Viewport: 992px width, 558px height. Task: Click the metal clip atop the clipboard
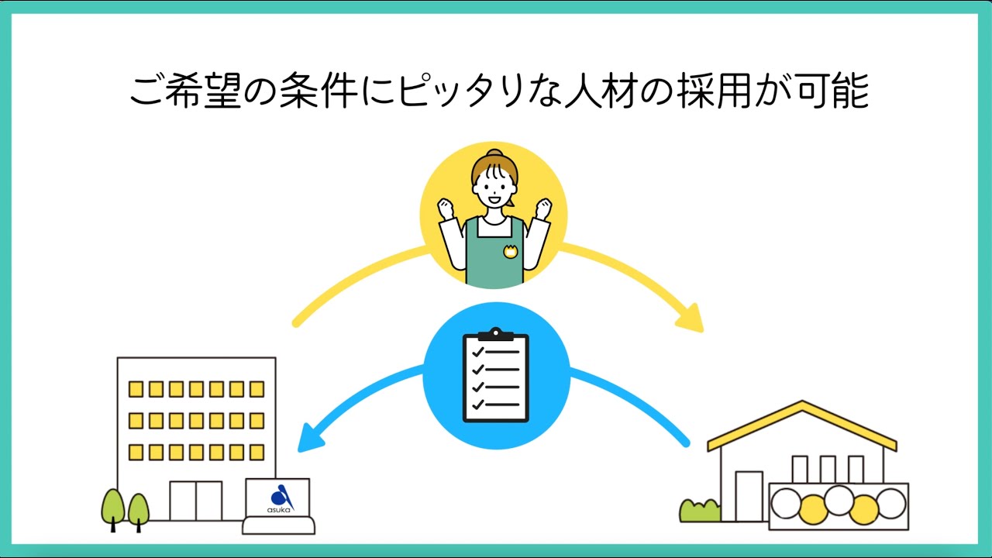coord(496,334)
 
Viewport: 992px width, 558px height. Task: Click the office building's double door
coord(195,501)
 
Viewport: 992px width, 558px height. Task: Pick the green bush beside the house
coord(699,510)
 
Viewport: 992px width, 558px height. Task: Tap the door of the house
coord(748,496)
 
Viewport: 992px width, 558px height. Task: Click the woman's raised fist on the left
coord(445,208)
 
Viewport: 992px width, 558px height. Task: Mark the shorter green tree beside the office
coord(139,509)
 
